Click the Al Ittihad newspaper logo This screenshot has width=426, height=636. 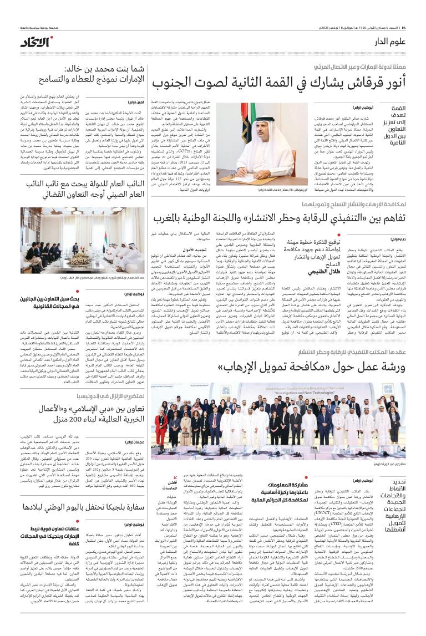click(x=37, y=42)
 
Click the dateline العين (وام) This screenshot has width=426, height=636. click(x=135, y=103)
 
